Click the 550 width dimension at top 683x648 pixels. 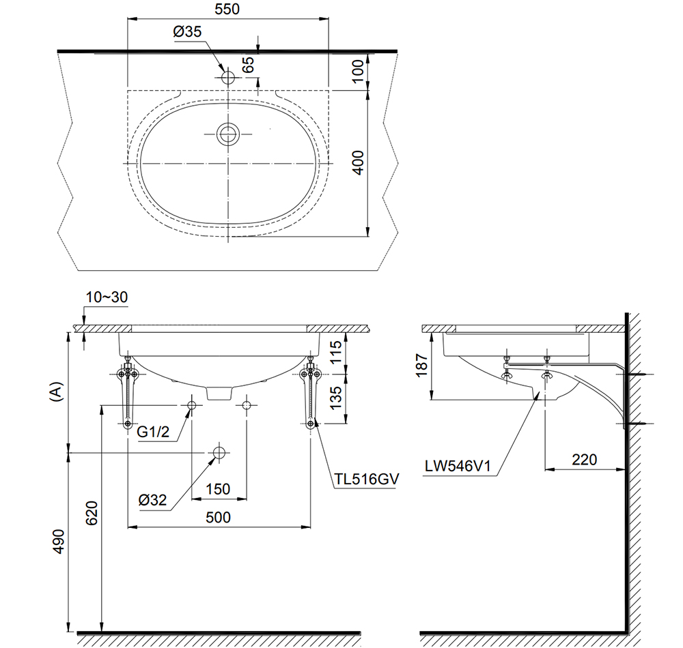click(228, 11)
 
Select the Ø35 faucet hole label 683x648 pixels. click(186, 31)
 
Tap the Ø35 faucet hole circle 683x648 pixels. click(228, 78)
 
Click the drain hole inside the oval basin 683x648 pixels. click(228, 134)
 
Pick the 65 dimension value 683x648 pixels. click(249, 65)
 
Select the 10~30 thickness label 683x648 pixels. click(107, 298)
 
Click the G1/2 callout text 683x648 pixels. click(153, 431)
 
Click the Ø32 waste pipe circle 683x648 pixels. click(219, 453)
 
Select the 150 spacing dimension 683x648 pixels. click(218, 489)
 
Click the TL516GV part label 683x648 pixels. click(366, 480)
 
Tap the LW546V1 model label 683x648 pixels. click(458, 467)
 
